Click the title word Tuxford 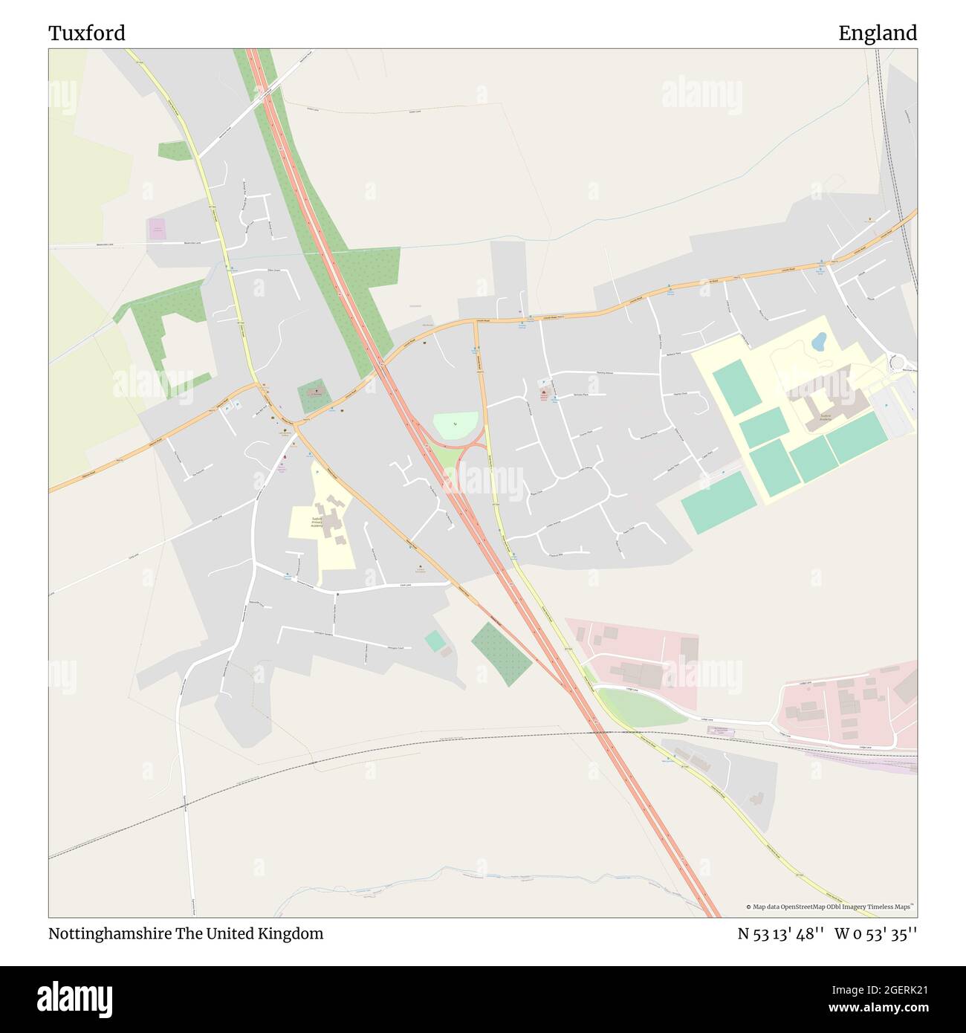coord(87,33)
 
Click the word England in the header coord(878,33)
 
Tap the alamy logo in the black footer coord(76,997)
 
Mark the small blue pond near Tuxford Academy coord(819,342)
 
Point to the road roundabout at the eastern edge coord(898,363)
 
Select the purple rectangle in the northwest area coord(158,228)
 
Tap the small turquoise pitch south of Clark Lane coord(434,641)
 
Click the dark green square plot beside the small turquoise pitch coord(502,653)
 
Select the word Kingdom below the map coord(293,933)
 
